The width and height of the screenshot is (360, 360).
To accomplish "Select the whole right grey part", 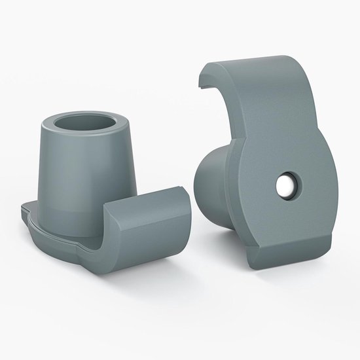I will (262, 177).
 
